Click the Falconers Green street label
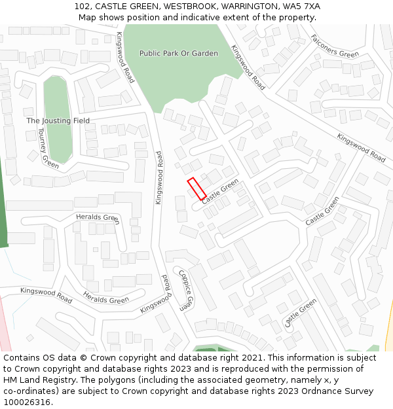[x=335, y=46]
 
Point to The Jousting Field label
[x=58, y=121]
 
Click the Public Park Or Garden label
[x=178, y=53]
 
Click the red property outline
[x=196, y=188]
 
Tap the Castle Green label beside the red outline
[x=221, y=191]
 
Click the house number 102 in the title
[x=82, y=7]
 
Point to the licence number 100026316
[x=27, y=402]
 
